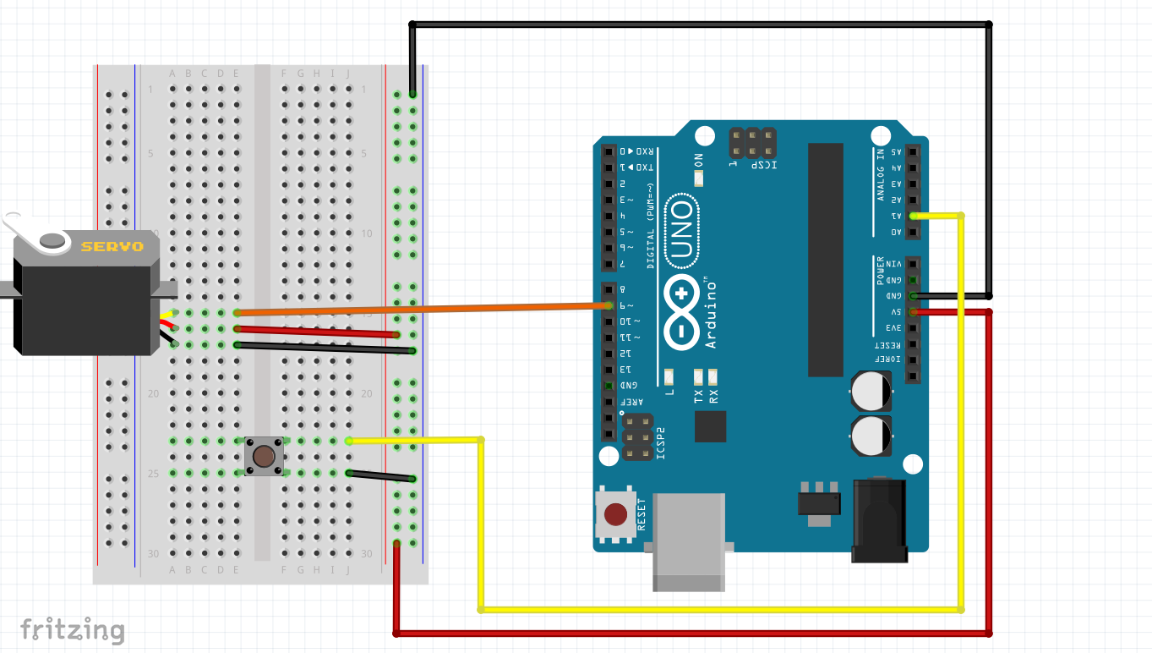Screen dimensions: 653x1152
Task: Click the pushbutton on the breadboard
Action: point(264,457)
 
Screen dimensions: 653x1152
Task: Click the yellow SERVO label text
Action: point(112,247)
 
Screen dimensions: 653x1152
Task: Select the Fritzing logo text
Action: point(72,631)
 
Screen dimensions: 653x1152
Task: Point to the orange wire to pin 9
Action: point(423,309)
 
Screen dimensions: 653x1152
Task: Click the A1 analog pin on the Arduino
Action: point(913,216)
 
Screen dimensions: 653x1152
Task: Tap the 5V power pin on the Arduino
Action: point(913,312)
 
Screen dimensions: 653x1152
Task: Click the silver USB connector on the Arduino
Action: point(690,541)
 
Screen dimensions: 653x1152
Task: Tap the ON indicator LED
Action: point(698,178)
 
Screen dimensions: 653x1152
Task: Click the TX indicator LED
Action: point(699,376)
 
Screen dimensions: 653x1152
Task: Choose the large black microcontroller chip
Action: point(825,259)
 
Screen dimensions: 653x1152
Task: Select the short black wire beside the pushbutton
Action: point(381,476)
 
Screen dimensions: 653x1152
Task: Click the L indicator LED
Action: point(669,376)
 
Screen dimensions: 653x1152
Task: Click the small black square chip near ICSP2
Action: point(710,426)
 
